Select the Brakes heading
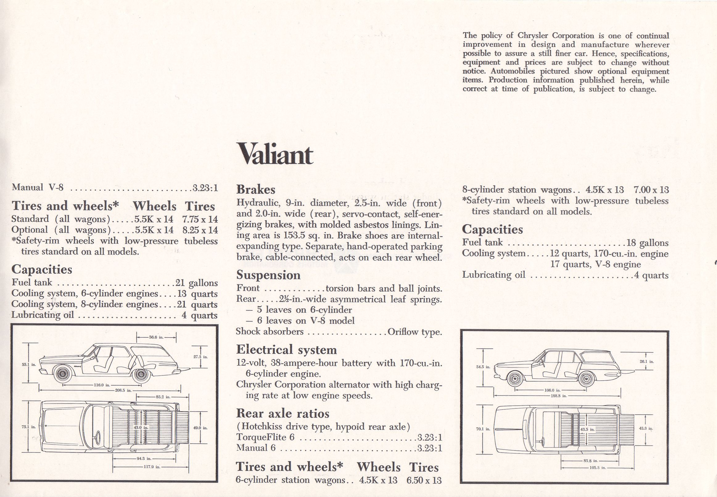pos(256,190)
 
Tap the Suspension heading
pos(268,275)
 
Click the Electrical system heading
pos(286,350)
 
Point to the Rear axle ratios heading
pos(282,413)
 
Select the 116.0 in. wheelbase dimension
pos(102,385)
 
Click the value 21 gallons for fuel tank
pos(196,283)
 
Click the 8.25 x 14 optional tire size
pos(200,230)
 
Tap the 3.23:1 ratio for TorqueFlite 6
pos(430,437)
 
